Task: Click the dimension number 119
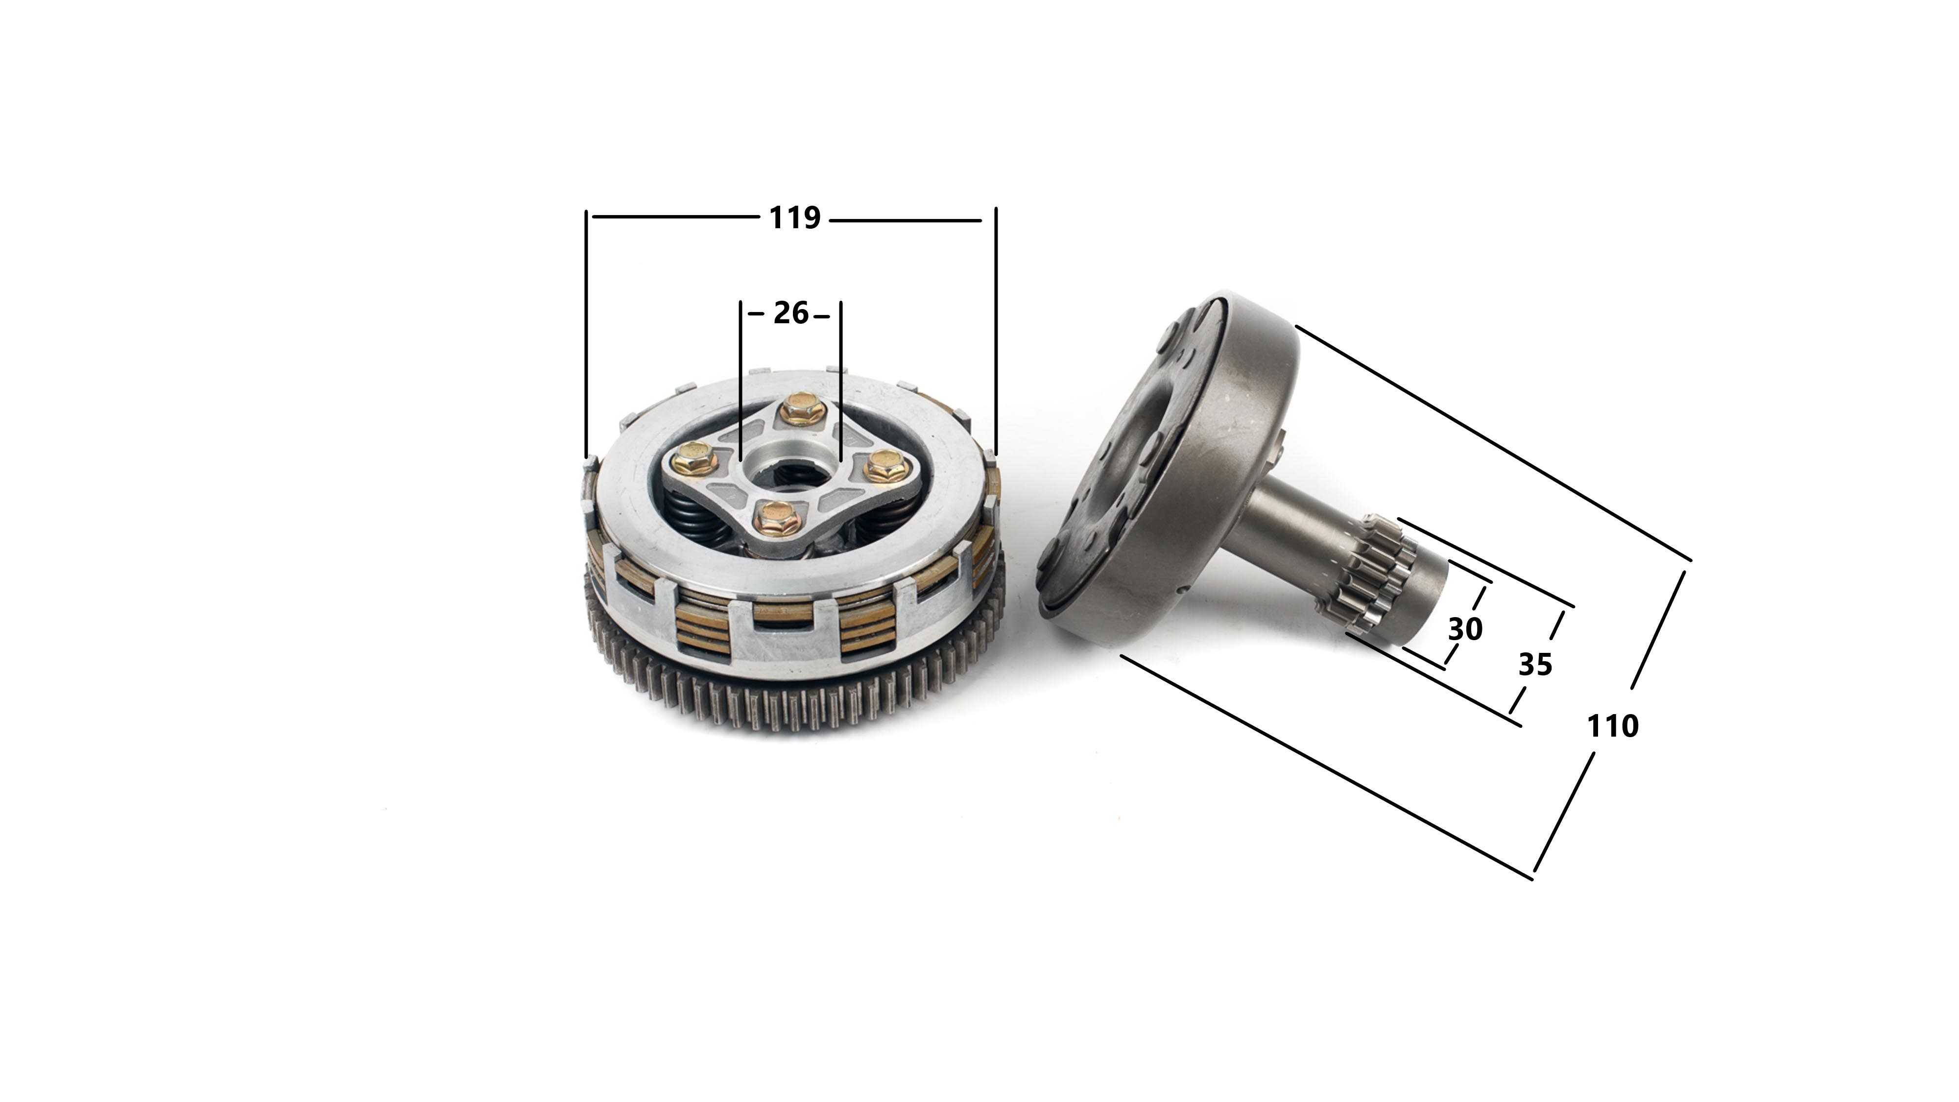[795, 218]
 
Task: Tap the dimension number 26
[791, 313]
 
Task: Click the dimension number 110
[1612, 727]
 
